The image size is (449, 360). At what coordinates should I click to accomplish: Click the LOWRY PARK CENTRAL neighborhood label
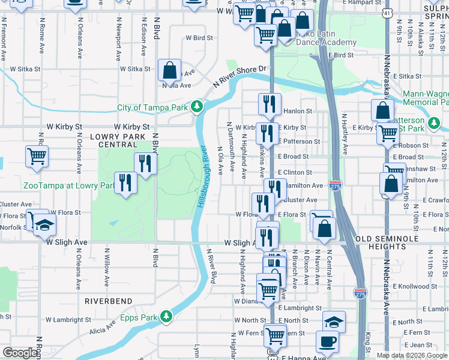113,140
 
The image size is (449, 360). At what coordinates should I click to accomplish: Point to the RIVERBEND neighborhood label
108,300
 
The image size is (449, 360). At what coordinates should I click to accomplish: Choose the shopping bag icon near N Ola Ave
170,70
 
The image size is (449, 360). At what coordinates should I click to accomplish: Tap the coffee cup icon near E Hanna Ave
328,342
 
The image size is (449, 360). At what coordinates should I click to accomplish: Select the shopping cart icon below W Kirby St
37,157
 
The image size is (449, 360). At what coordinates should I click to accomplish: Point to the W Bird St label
199,38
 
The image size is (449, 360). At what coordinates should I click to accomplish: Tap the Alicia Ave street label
103,328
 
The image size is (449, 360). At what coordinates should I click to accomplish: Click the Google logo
20,353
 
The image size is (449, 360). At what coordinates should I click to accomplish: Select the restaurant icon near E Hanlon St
270,104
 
